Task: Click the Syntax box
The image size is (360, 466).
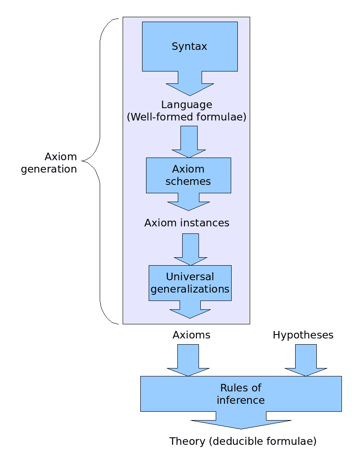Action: point(190,46)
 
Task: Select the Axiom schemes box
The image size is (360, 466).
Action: point(188,175)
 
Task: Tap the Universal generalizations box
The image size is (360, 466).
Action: point(190,283)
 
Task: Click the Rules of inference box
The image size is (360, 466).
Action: point(241,394)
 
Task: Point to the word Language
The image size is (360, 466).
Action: point(187,105)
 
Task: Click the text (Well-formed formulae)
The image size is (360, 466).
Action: point(187,117)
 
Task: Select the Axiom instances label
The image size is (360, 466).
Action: point(187,223)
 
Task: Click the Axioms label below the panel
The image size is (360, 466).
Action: point(191,335)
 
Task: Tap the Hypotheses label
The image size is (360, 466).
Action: point(303,335)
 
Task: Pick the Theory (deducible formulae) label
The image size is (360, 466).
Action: point(243,441)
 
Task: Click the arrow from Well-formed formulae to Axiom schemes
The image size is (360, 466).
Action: point(189,142)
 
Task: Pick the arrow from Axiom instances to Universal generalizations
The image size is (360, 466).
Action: point(191,250)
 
